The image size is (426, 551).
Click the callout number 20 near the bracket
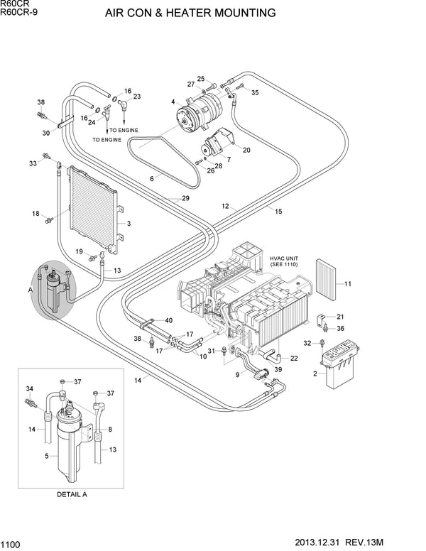[246, 150]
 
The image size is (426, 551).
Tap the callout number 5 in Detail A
[47, 455]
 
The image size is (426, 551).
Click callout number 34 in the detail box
[30, 389]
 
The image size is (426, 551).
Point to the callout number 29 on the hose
[185, 198]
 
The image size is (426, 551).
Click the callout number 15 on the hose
[278, 212]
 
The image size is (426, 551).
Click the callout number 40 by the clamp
[168, 321]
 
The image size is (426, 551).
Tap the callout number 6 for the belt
[151, 179]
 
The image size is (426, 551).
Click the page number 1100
[11, 544]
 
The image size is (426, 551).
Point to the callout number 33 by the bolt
[32, 164]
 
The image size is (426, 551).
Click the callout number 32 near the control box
[307, 343]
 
